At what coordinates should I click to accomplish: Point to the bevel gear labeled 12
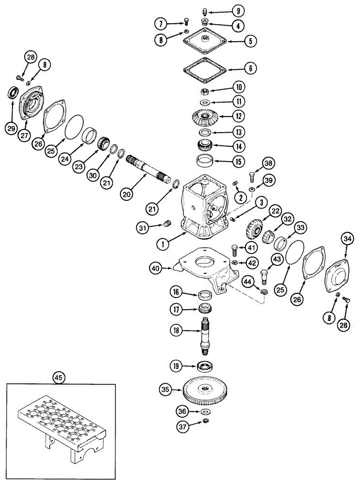[207, 117]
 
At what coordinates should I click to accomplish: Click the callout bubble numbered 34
[346, 238]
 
